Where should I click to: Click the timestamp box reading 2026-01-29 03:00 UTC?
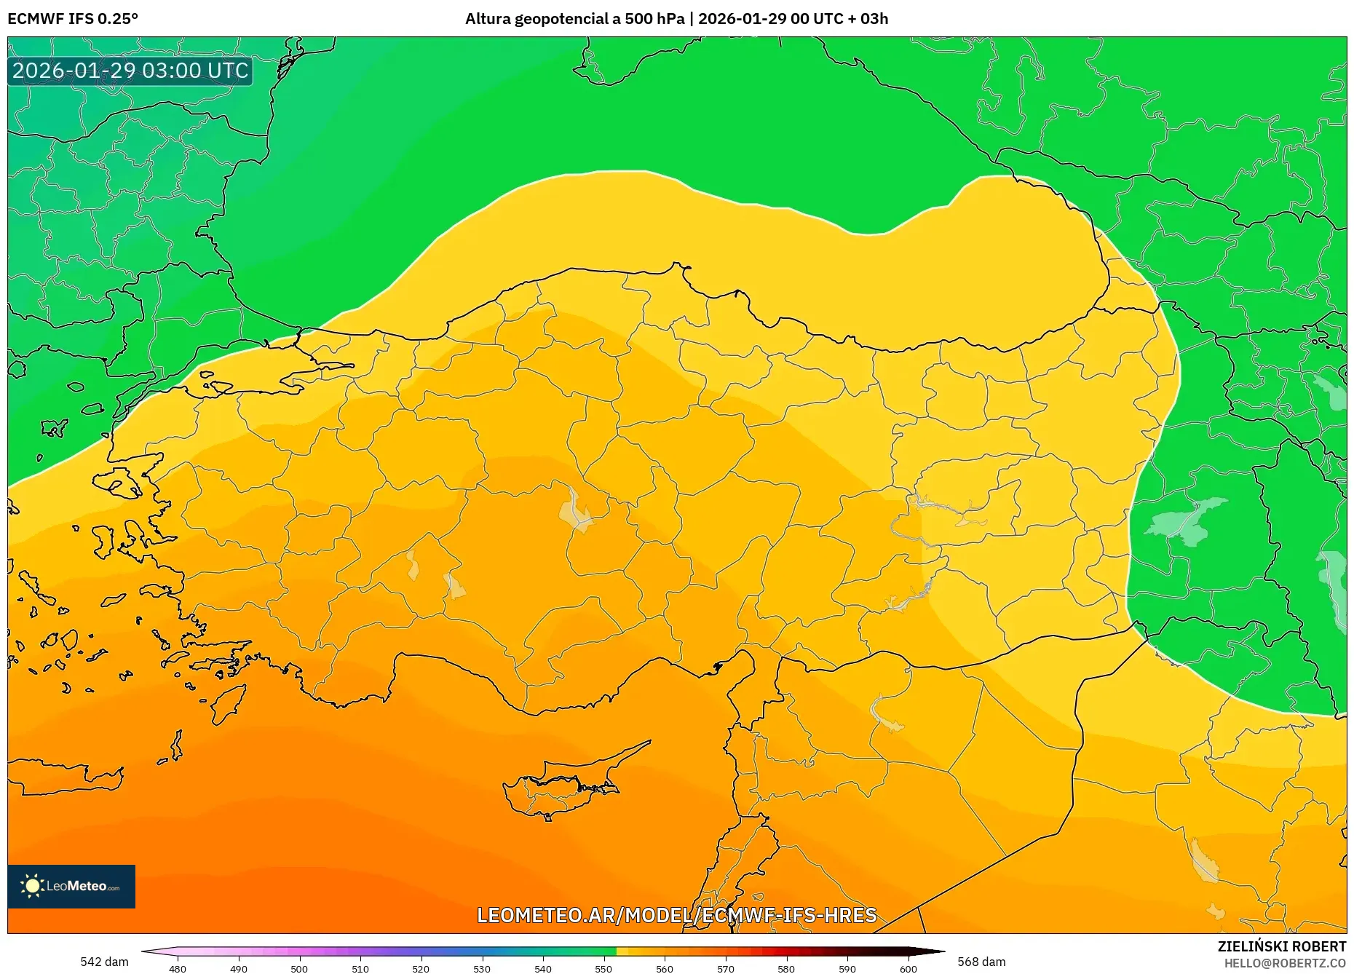point(130,71)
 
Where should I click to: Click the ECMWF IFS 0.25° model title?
point(73,19)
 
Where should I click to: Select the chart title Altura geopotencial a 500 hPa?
point(574,19)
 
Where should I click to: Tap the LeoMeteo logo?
point(71,886)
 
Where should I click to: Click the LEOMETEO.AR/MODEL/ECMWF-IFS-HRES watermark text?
point(676,915)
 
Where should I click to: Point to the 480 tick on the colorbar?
point(178,968)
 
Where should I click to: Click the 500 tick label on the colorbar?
point(299,968)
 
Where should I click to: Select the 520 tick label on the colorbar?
point(421,968)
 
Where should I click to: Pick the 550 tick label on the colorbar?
point(603,968)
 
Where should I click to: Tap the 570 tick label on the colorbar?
point(726,968)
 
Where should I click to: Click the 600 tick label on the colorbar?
point(908,968)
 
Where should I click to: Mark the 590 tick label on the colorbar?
point(847,968)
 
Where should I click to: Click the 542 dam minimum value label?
point(104,962)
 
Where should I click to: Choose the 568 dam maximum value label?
point(981,962)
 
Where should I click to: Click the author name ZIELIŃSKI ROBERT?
point(1281,946)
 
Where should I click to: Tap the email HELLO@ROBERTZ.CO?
point(1285,963)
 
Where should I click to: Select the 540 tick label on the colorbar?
point(542,968)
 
